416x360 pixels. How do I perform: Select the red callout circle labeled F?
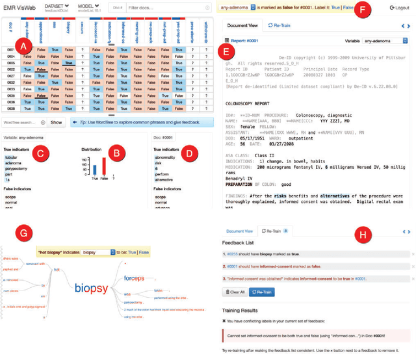(361, 10)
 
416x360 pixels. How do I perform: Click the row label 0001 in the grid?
(10, 50)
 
